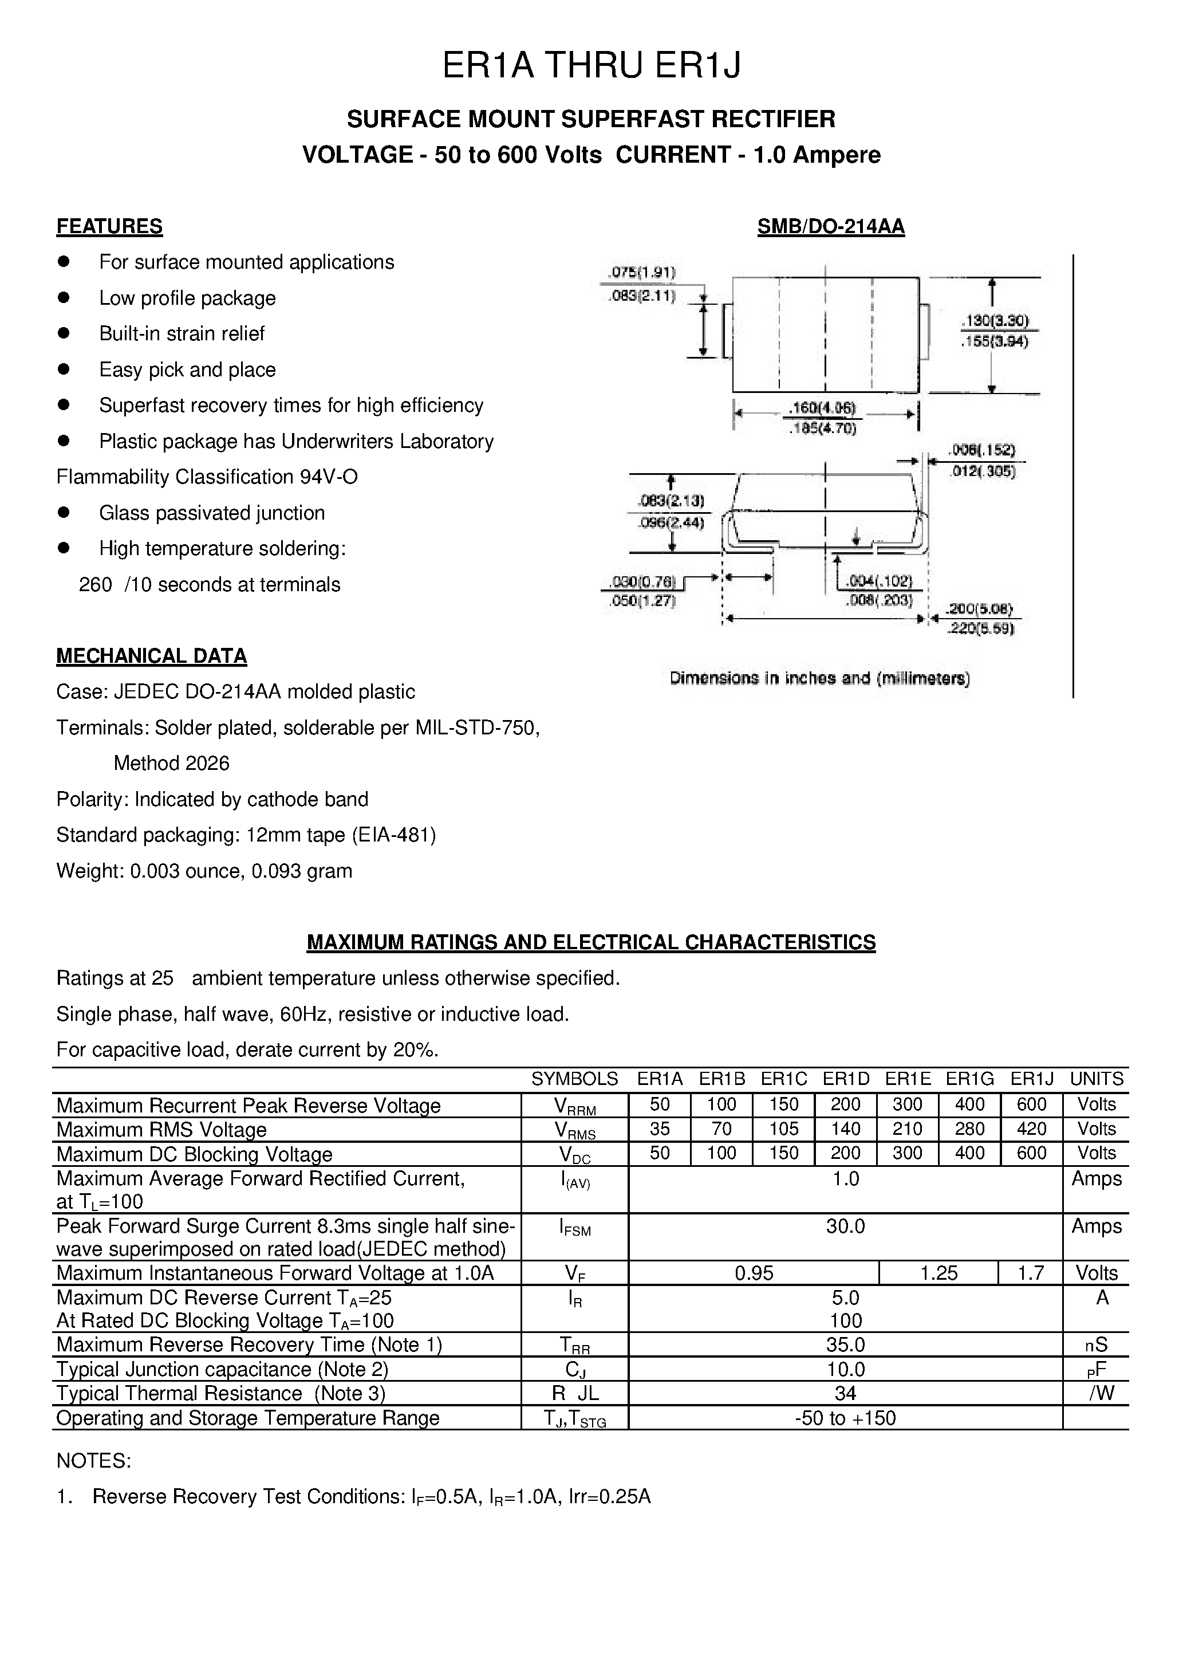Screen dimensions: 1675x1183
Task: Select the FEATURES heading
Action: (x=109, y=226)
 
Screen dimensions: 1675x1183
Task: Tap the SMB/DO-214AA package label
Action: (x=831, y=227)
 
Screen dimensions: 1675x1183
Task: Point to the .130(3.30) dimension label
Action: (x=995, y=320)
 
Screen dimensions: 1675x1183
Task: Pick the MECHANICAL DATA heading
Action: (x=152, y=656)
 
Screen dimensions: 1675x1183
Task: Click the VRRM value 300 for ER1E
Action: (x=908, y=1104)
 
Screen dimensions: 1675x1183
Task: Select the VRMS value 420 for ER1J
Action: (x=1031, y=1129)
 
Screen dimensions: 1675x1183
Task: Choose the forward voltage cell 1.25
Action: (x=938, y=1273)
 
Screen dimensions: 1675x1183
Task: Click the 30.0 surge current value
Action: (x=845, y=1226)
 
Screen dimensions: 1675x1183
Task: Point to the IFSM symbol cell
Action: (x=575, y=1229)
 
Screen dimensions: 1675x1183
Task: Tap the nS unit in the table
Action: (x=1095, y=1344)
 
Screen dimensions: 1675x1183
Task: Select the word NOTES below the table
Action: (x=93, y=1461)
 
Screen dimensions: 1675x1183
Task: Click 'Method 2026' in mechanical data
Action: (x=171, y=763)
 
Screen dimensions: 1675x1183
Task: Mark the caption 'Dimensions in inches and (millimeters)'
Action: (x=820, y=678)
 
